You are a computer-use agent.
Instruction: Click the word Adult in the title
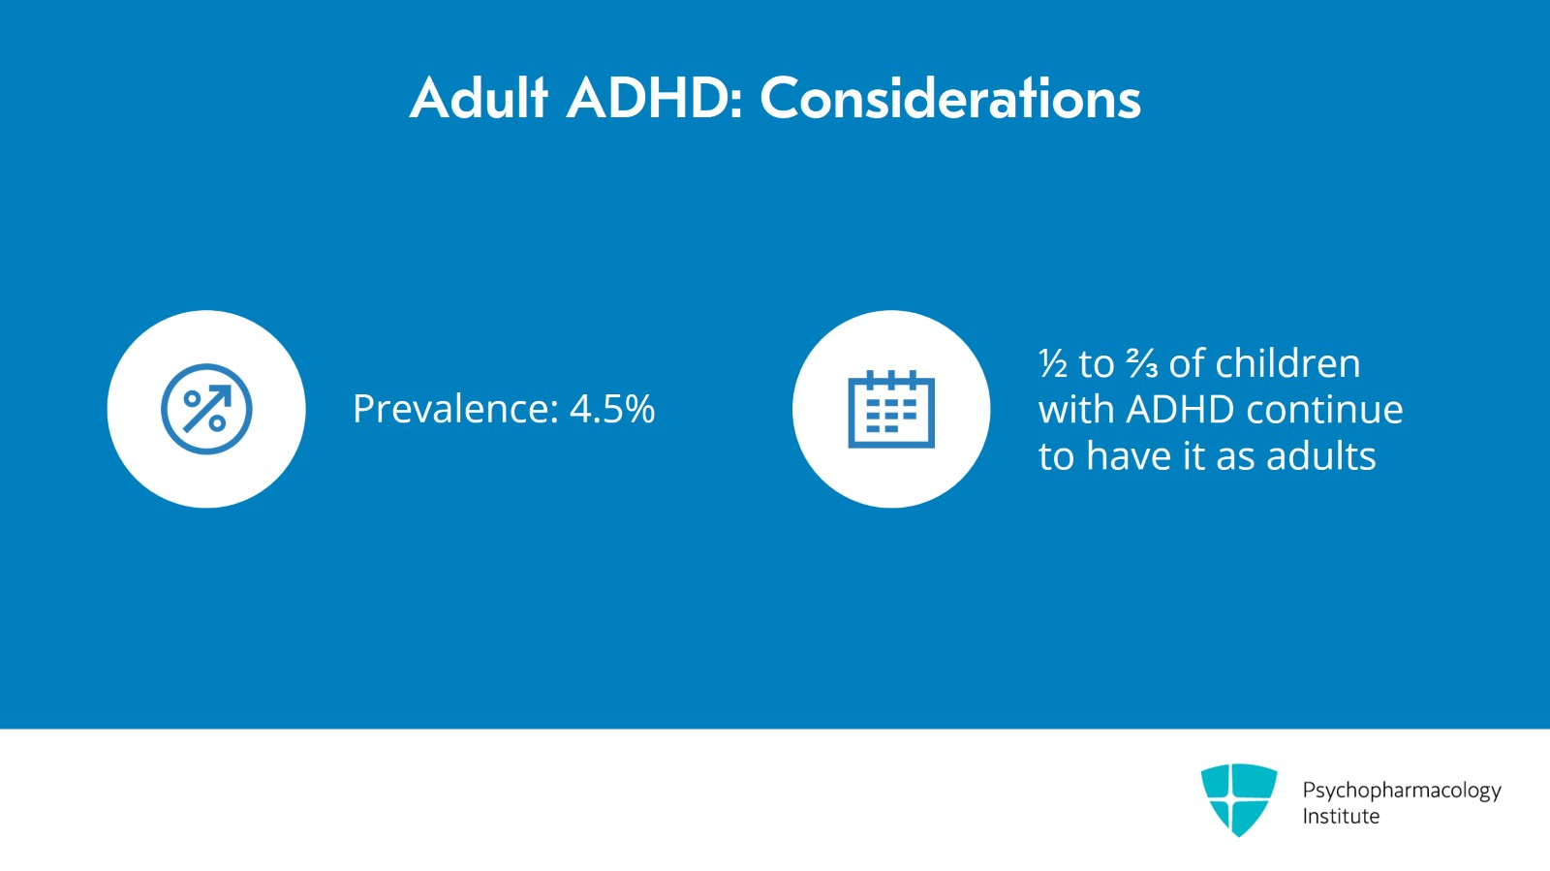479,98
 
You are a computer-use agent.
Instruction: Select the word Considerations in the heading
950,98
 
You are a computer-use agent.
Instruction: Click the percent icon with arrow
206,409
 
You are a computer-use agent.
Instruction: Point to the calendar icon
891,409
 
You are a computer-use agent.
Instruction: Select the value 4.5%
611,408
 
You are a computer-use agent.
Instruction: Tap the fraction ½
1052,363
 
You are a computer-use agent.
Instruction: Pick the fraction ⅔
1141,363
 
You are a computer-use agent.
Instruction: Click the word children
1287,362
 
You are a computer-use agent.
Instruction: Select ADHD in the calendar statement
1180,410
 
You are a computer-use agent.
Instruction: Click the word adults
1321,456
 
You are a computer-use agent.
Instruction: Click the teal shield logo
1239,799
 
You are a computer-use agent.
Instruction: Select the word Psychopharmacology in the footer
1402,791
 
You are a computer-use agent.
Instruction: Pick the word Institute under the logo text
1341,817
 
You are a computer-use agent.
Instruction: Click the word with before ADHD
1076,410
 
